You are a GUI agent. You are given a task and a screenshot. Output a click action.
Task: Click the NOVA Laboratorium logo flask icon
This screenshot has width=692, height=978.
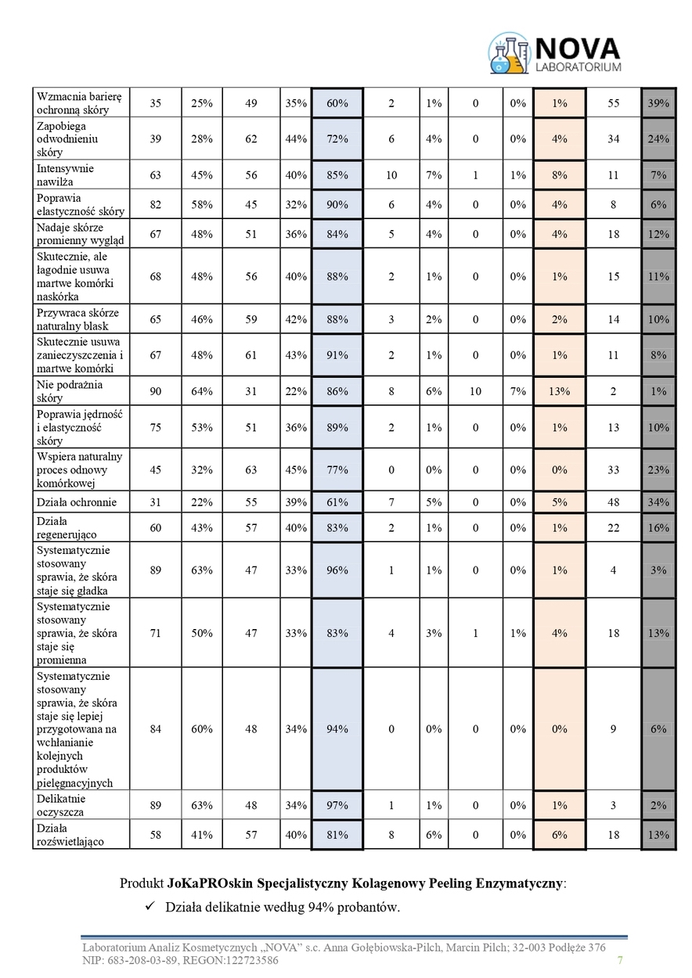coord(509,53)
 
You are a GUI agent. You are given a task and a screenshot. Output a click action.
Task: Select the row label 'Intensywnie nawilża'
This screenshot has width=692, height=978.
coord(65,175)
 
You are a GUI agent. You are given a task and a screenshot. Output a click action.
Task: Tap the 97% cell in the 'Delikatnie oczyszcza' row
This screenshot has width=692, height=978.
coord(337,805)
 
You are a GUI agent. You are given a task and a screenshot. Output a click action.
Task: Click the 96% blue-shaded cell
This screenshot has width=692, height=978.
coord(337,570)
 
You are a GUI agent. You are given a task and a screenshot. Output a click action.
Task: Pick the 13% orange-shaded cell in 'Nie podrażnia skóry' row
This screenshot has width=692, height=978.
coord(559,391)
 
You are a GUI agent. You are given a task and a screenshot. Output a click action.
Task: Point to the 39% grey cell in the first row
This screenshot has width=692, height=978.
coord(658,103)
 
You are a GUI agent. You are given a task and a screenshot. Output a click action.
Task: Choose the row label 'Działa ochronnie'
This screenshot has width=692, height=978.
coord(77,502)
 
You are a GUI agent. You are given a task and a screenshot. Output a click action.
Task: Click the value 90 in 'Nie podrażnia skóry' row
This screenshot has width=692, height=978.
coord(155,391)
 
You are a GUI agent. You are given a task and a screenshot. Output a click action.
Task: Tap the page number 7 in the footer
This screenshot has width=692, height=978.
coord(620,961)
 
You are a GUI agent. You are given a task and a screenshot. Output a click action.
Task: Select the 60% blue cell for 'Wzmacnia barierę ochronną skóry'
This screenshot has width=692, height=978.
coord(337,103)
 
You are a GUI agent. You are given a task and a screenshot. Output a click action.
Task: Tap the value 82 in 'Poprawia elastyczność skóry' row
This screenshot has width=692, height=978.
coord(155,204)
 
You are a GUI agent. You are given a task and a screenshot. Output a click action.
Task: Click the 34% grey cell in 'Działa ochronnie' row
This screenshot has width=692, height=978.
coord(658,502)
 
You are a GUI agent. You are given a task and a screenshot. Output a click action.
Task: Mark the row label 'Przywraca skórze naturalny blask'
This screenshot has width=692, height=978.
coord(72,319)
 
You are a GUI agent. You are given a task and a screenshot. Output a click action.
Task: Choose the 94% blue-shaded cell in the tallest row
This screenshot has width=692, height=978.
coord(337,729)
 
